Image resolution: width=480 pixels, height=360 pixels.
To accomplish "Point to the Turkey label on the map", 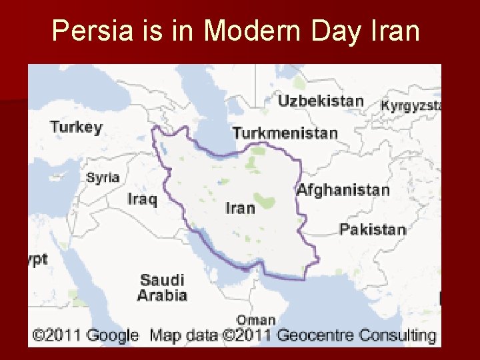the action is pyautogui.click(x=77, y=127).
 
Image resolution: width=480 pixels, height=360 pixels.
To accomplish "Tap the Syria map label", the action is pyautogui.click(x=103, y=177).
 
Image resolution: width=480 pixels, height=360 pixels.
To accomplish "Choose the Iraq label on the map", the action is pyautogui.click(x=143, y=199).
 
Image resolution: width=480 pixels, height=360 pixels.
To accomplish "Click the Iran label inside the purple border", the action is pyautogui.click(x=240, y=208).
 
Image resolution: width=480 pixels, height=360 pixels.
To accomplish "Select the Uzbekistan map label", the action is pyautogui.click(x=321, y=101).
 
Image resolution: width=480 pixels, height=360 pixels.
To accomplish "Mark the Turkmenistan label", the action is pyautogui.click(x=285, y=133).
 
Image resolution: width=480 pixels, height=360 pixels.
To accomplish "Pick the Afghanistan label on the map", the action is pyautogui.click(x=343, y=189).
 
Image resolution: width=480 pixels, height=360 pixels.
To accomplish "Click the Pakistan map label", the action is pyautogui.click(x=372, y=229).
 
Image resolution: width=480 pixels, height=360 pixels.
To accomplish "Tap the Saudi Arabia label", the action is pyautogui.click(x=162, y=287).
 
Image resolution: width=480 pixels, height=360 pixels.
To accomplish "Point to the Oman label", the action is pyautogui.click(x=255, y=320).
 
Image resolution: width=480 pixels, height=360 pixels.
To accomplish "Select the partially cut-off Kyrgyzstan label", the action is pyautogui.click(x=411, y=105).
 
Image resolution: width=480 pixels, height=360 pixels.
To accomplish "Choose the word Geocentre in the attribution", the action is pyautogui.click(x=316, y=335).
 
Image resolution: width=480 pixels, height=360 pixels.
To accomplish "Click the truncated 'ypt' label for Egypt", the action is pyautogui.click(x=38, y=259).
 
